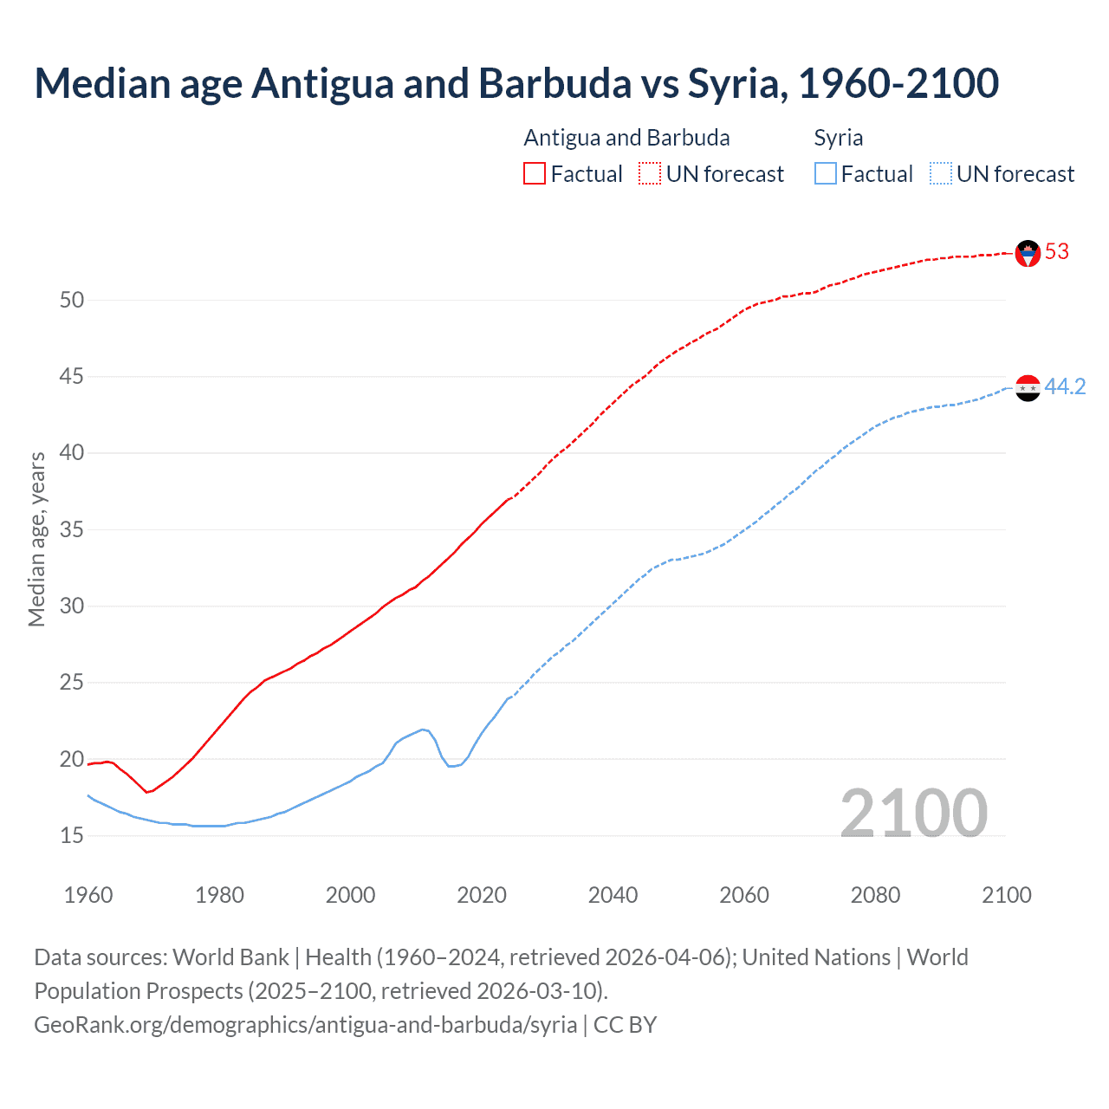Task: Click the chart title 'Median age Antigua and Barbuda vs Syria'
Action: tap(516, 83)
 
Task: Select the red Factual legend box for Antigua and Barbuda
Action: tap(535, 174)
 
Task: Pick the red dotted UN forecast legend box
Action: tap(650, 174)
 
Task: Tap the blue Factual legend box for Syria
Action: tap(826, 174)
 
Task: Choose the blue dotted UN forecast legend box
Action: tap(941, 174)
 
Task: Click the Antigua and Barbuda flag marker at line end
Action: tap(1028, 253)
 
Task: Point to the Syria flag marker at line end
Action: tap(1028, 388)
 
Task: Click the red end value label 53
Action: tap(1057, 252)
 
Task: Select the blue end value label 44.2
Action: tap(1065, 387)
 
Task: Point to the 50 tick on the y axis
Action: tap(72, 301)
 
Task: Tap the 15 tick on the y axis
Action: tap(72, 836)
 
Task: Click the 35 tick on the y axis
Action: tap(72, 529)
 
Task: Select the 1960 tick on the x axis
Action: tap(88, 895)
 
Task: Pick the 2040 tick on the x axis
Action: tap(613, 895)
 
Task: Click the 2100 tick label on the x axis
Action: tap(1006, 895)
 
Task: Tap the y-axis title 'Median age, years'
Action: tap(36, 539)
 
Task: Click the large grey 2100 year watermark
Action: tap(913, 814)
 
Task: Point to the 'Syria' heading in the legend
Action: tap(838, 138)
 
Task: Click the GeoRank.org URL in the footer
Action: tap(306, 1025)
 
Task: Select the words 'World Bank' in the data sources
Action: tap(230, 957)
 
